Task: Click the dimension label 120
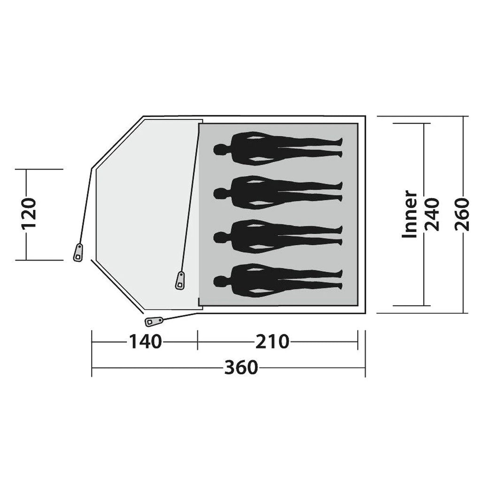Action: click(x=29, y=214)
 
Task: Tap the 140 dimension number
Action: click(x=145, y=341)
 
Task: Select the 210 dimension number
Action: click(x=272, y=341)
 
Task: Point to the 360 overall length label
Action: click(x=241, y=367)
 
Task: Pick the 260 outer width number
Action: click(x=462, y=214)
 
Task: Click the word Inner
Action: click(x=410, y=214)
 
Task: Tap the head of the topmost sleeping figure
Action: click(x=220, y=149)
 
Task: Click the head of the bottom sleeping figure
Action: click(x=220, y=281)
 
